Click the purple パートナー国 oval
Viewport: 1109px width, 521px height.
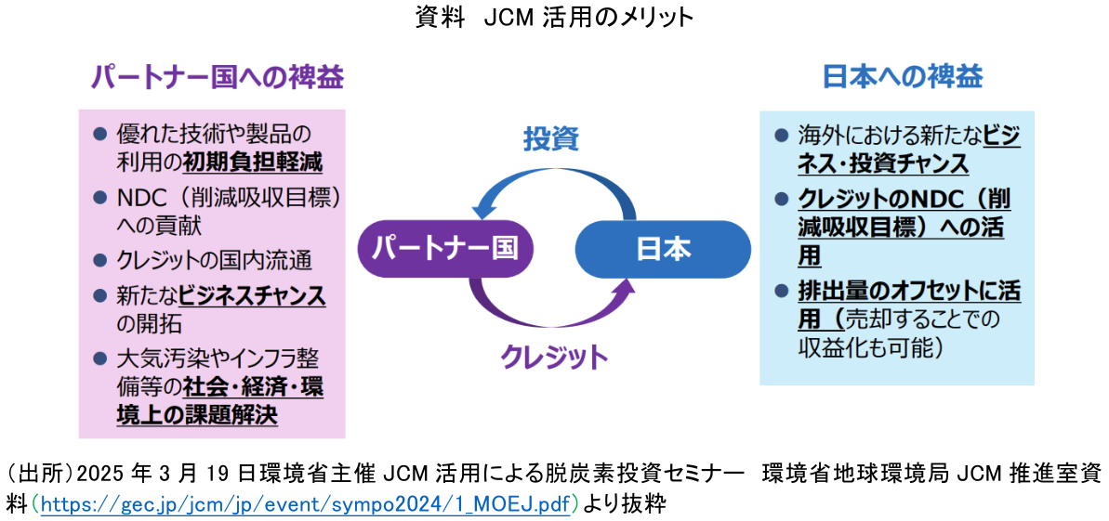coord(440,249)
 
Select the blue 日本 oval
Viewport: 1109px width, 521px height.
coord(663,249)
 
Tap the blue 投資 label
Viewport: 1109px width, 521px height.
coord(550,139)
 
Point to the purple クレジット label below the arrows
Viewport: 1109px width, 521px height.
coord(554,356)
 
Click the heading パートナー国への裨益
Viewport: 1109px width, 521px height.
coord(217,78)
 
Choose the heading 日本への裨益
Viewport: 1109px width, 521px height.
coord(902,77)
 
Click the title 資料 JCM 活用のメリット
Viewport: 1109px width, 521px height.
coord(554,18)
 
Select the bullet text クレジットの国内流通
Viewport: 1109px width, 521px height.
coord(214,260)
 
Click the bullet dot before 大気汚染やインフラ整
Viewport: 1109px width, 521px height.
coord(100,358)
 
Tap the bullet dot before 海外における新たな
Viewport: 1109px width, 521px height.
coord(782,137)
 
